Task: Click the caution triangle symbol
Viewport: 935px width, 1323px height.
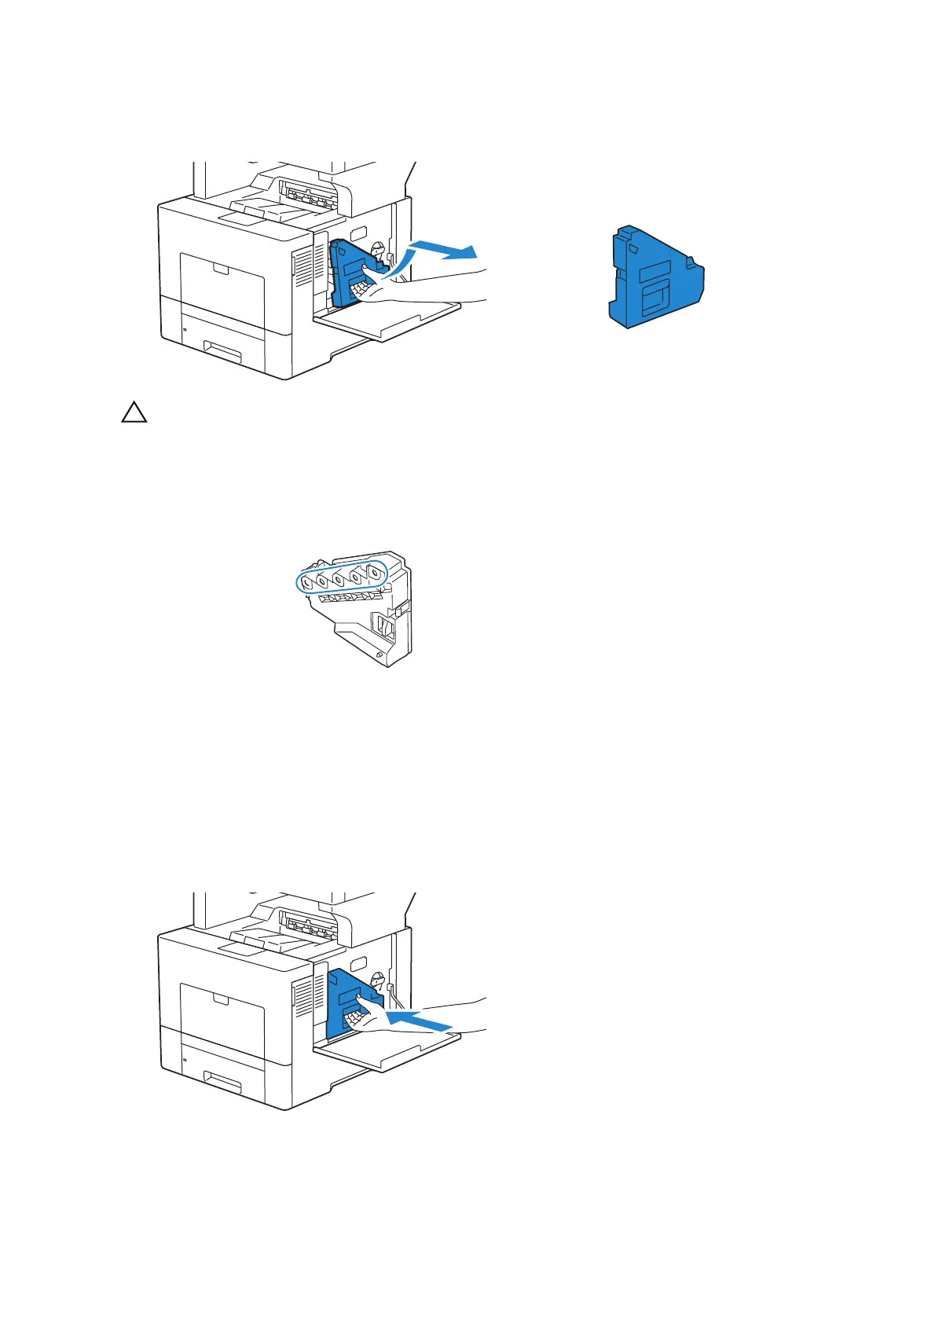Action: click(134, 413)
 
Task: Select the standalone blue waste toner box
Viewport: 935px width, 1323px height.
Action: click(656, 277)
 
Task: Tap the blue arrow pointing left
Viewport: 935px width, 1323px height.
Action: click(420, 1020)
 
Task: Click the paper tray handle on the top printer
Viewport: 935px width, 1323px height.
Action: click(222, 352)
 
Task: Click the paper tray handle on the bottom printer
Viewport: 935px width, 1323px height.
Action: click(222, 1083)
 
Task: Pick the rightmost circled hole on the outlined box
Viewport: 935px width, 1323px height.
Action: click(374, 573)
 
